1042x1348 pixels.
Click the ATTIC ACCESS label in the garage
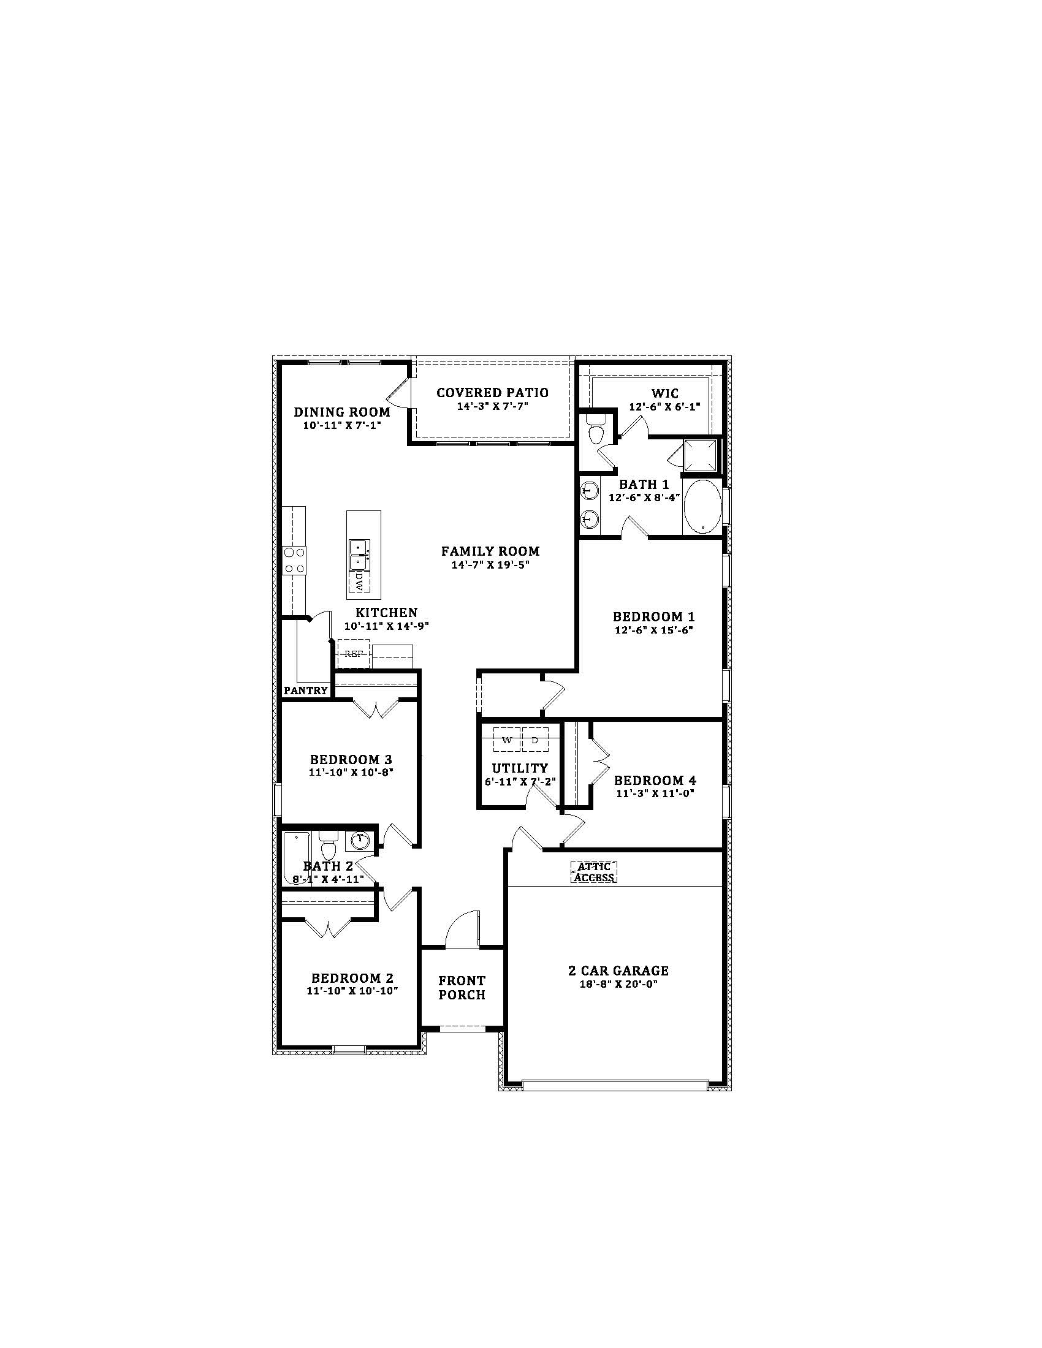click(595, 872)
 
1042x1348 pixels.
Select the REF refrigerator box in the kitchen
click(353, 654)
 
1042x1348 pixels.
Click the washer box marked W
click(507, 740)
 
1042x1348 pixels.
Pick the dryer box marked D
click(535, 740)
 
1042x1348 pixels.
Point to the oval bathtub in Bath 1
click(702, 507)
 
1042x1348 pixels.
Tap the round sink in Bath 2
click(360, 839)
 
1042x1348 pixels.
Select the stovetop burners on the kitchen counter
click(294, 561)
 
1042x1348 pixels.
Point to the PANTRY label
click(306, 690)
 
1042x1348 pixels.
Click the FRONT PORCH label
click(462, 988)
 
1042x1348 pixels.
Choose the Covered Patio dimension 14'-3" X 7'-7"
click(493, 406)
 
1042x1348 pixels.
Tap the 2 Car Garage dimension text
click(618, 985)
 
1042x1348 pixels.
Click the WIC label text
click(665, 393)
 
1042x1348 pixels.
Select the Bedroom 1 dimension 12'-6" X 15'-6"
click(654, 630)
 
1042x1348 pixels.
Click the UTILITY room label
click(520, 768)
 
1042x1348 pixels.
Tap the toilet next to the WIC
click(596, 428)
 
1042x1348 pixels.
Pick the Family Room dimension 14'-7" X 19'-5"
click(490, 564)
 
